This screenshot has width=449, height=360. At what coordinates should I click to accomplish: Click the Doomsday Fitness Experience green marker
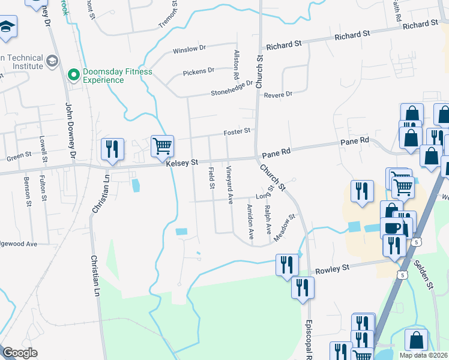[x=74, y=75]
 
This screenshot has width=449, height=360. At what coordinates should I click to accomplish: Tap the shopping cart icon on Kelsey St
[x=162, y=146]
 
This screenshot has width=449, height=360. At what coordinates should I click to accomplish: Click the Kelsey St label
[x=182, y=163]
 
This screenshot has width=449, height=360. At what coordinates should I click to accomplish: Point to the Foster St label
[x=236, y=132]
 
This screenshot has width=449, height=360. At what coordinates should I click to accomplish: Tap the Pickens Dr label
[x=199, y=71]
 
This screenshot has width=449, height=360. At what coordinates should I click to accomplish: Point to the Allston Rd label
[x=236, y=66]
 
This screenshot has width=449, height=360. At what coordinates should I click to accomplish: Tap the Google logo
[x=20, y=352]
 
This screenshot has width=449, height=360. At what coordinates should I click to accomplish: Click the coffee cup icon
[x=393, y=228]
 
